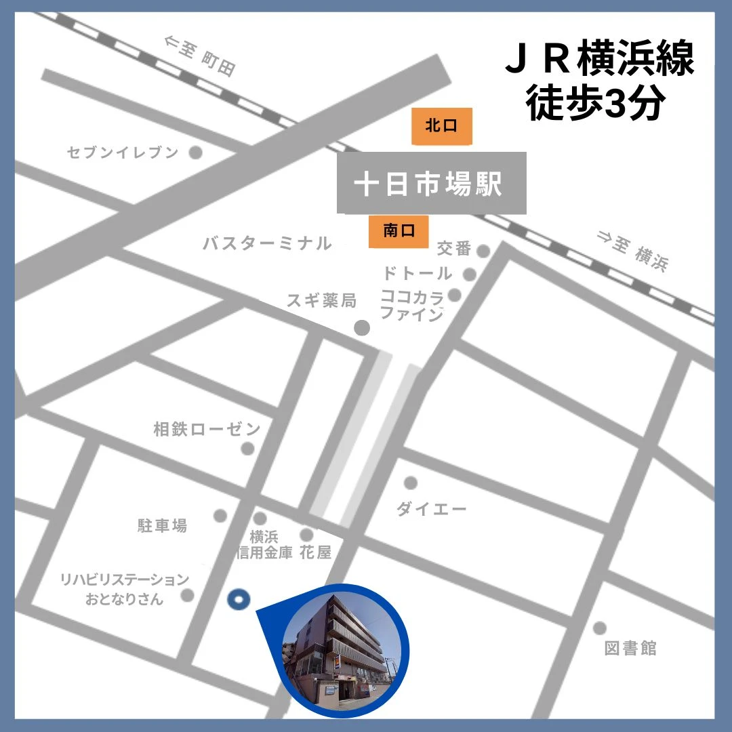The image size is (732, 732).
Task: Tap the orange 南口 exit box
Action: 399,232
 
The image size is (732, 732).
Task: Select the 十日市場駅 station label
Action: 432,183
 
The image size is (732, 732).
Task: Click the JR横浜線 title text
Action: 600,60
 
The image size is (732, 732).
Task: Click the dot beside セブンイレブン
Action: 195,152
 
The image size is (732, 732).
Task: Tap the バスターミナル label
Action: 268,243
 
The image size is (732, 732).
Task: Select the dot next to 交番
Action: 483,251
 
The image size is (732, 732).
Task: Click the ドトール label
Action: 417,273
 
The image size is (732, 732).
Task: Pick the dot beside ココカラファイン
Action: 455,295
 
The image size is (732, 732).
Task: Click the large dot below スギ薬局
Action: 363,328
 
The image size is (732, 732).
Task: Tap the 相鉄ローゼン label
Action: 207,429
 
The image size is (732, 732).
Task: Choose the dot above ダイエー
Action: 410,483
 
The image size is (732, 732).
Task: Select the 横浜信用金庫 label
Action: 264,545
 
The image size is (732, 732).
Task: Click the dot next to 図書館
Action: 599,628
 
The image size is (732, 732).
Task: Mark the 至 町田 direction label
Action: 200,56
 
